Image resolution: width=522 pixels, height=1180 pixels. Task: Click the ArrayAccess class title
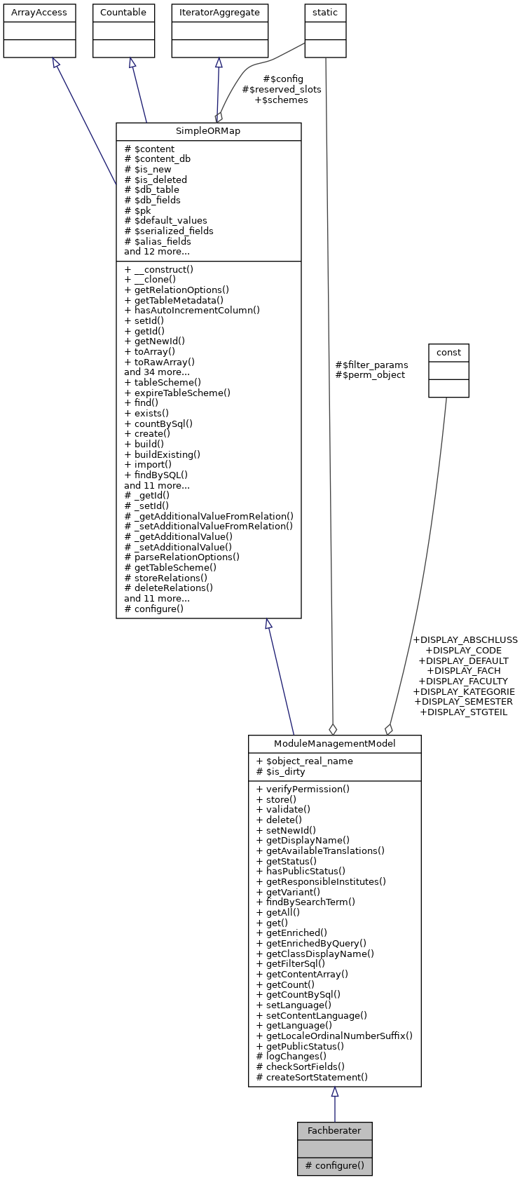(x=39, y=13)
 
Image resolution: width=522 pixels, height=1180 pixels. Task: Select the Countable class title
(x=123, y=13)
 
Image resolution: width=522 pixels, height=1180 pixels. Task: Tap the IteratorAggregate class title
(x=220, y=13)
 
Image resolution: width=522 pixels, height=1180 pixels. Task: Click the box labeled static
(x=325, y=13)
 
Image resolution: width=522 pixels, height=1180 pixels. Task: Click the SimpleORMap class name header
(x=208, y=132)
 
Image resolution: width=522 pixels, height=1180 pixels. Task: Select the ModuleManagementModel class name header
(x=334, y=744)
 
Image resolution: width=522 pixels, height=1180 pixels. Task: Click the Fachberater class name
(x=334, y=1131)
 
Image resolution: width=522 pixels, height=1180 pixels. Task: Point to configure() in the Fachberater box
(x=334, y=1166)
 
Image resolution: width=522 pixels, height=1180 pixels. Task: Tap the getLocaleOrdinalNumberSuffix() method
(x=334, y=1036)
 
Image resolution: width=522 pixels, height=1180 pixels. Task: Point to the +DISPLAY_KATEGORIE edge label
(x=464, y=691)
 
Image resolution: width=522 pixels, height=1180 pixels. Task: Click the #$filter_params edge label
(x=371, y=365)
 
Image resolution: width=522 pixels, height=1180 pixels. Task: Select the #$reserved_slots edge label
(x=282, y=90)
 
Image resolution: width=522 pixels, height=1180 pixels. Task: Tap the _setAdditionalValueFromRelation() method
(x=208, y=526)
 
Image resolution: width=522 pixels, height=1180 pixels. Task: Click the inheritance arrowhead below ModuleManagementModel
(x=335, y=1092)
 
